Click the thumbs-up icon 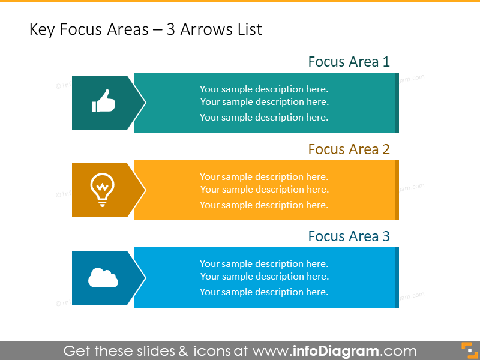coord(104,101)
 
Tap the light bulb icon coord(102,190)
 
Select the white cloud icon coord(103,278)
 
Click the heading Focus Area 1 coord(349,62)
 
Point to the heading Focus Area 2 coord(349,149)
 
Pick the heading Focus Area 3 coord(349,236)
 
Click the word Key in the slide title coord(42,30)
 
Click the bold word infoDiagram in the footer coord(336,351)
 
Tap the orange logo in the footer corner coord(470,350)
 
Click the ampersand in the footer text coord(183,351)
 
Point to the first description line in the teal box coord(264,89)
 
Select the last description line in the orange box coord(264,205)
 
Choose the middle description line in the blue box coord(265,277)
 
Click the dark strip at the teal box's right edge coord(397,103)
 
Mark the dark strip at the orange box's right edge coord(397,190)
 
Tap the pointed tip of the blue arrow coord(145,278)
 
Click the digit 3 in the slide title coord(170,29)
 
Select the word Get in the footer coord(77,351)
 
